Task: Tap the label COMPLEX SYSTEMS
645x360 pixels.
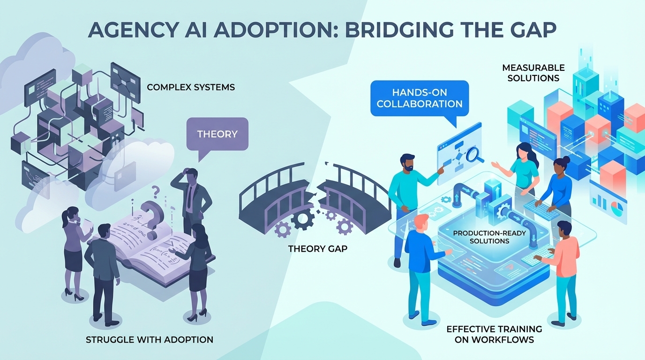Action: coord(191,87)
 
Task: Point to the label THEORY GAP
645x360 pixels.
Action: coord(318,248)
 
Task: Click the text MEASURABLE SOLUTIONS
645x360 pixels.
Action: coord(533,73)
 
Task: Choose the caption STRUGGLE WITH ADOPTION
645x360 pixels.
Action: coord(149,339)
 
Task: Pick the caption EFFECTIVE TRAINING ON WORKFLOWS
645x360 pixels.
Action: coord(494,334)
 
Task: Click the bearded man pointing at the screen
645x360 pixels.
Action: coord(406,187)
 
